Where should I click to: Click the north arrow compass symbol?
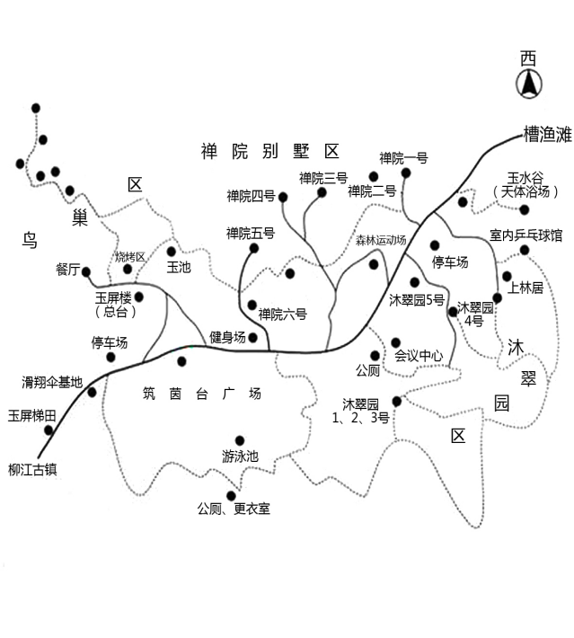529,84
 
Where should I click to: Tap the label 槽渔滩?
546,136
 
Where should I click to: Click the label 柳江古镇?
32,469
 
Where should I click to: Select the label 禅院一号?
403,159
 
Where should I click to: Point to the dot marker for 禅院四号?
283,196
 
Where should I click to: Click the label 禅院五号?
251,234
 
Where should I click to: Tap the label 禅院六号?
282,315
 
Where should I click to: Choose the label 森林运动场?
381,241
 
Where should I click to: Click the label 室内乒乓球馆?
525,235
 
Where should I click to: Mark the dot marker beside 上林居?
507,276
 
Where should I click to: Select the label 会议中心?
419,356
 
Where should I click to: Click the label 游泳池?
240,456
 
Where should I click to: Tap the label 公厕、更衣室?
234,510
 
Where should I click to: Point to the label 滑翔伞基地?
52,382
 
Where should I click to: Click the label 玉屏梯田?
32,415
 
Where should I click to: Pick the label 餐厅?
68,270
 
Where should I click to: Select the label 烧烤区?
130,257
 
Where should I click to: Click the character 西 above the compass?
529,58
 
